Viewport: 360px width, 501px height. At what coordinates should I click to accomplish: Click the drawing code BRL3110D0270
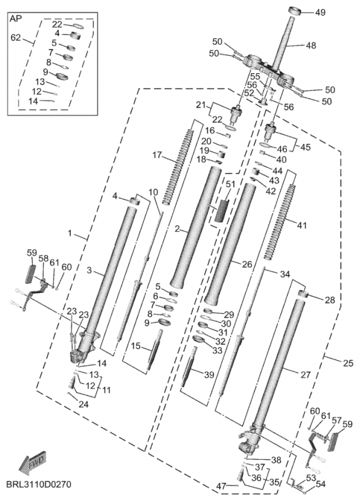pyautogui.click(x=36, y=483)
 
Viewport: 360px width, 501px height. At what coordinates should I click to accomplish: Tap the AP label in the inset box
pyautogui.click(x=16, y=19)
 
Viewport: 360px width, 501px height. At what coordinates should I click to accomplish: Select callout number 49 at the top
pyautogui.click(x=320, y=13)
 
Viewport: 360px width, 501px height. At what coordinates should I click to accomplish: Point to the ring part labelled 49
pyautogui.click(x=296, y=10)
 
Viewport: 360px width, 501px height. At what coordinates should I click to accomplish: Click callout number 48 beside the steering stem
pyautogui.click(x=311, y=46)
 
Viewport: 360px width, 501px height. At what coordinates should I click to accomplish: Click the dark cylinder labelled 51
pyautogui.click(x=222, y=210)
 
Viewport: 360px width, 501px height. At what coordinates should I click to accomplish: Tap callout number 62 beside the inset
pyautogui.click(x=16, y=38)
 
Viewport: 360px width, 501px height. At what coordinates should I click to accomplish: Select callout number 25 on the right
pyautogui.click(x=348, y=363)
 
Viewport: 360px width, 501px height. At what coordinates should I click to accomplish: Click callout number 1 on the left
pyautogui.click(x=70, y=233)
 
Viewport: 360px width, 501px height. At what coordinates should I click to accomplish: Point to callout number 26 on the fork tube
pyautogui.click(x=247, y=264)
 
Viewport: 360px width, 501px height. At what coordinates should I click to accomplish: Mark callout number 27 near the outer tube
pyautogui.click(x=306, y=374)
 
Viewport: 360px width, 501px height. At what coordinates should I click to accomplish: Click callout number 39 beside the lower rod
pyautogui.click(x=209, y=374)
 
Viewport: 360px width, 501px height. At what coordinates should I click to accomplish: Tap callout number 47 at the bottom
pyautogui.click(x=222, y=487)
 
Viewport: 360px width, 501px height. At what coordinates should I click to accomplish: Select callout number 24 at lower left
pyautogui.click(x=83, y=405)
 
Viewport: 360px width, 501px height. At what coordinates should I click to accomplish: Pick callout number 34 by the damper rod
pyautogui.click(x=285, y=274)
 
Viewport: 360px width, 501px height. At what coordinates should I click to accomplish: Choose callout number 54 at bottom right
pyautogui.click(x=320, y=484)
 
